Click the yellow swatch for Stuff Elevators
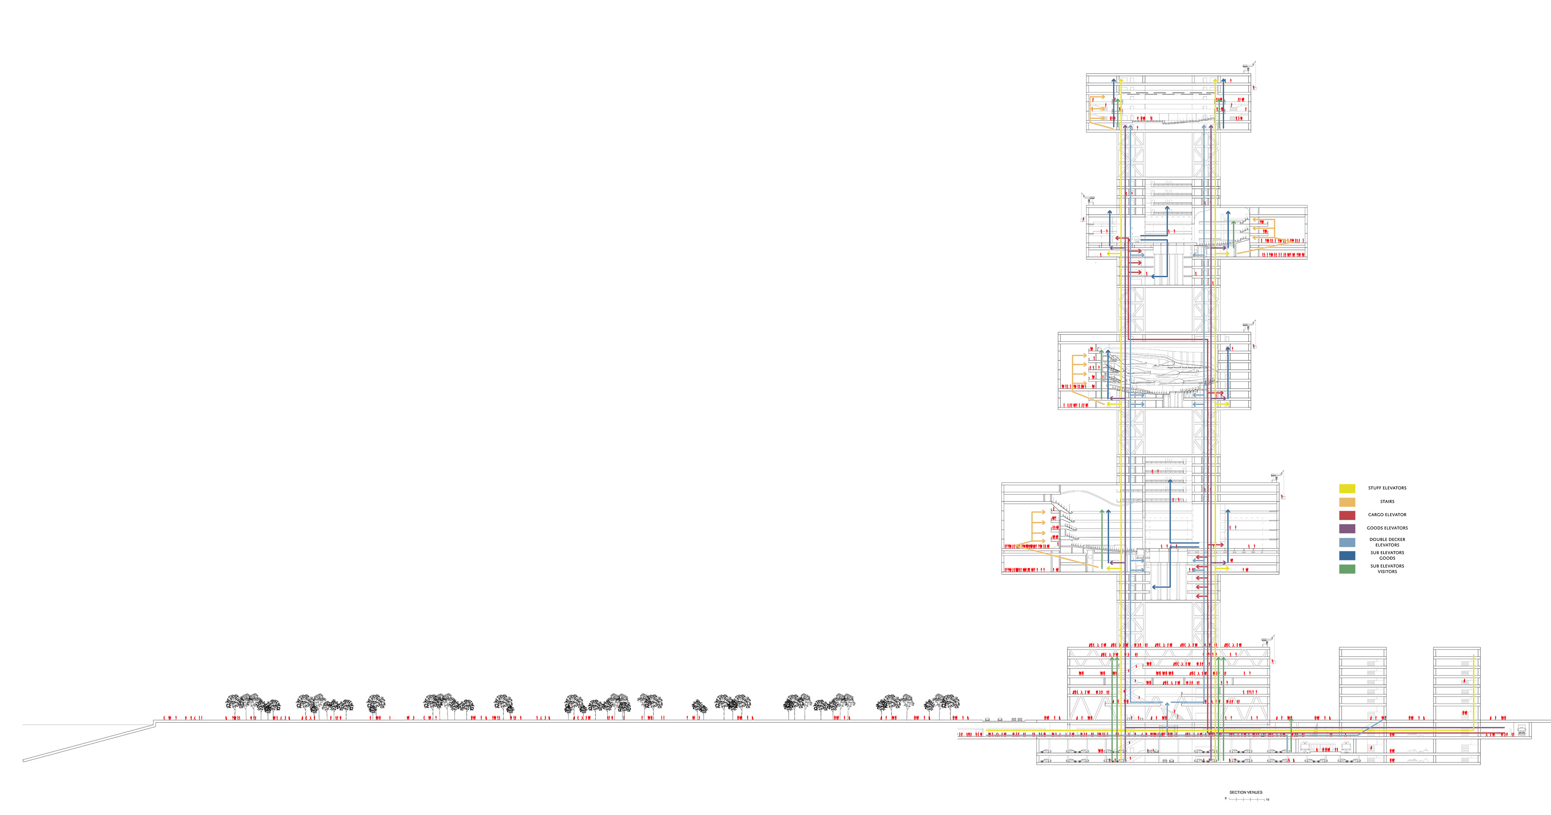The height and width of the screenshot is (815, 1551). pyautogui.click(x=1347, y=488)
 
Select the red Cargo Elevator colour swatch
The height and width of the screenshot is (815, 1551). pyautogui.click(x=1347, y=515)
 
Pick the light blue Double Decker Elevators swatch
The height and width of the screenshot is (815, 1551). pyautogui.click(x=1347, y=542)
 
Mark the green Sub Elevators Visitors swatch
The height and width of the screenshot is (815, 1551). pyautogui.click(x=1347, y=569)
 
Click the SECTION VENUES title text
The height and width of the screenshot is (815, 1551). pyautogui.click(x=1246, y=792)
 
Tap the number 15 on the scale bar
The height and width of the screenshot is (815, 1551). pyautogui.click(x=1268, y=800)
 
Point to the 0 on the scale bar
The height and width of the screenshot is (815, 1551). pyautogui.click(x=1225, y=799)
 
